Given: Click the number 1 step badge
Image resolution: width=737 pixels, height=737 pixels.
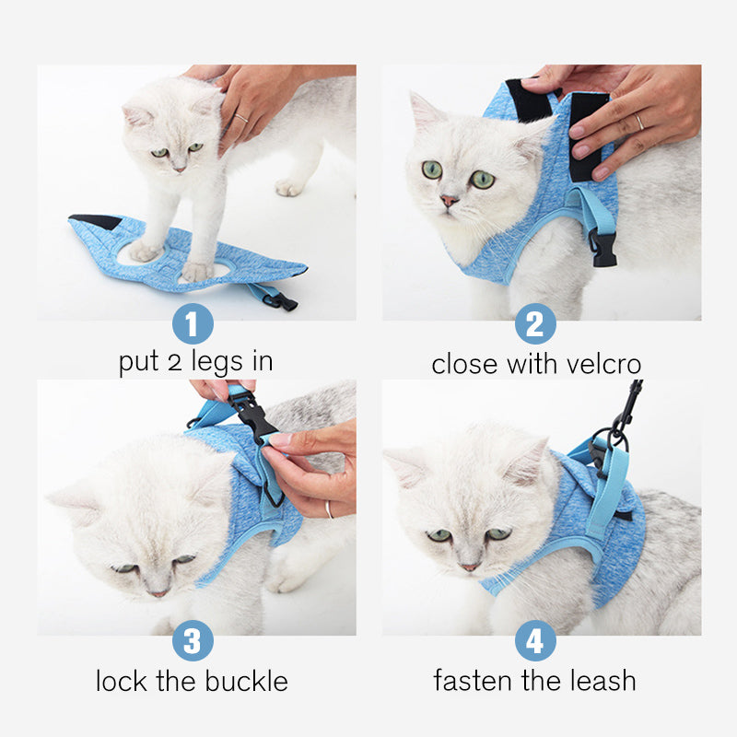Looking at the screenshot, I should tap(193, 323).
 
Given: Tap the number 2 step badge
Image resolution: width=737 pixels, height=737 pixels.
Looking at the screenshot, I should tap(534, 323).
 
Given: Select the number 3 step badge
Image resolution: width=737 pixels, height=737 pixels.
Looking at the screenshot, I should tap(193, 640).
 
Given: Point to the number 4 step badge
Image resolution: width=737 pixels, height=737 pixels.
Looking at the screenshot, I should tap(534, 640).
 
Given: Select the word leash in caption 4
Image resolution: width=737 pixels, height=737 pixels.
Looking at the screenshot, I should tap(600, 682).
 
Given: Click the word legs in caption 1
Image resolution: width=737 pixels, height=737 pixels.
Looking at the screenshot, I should tap(204, 362).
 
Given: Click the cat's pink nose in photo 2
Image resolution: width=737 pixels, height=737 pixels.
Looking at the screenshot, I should tap(449, 200).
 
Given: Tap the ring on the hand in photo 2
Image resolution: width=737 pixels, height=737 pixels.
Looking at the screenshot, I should tap(640, 122).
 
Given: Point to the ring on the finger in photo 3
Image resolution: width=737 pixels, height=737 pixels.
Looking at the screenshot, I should tap(328, 509).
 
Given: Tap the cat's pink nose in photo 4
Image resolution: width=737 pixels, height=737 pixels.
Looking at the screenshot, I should tap(470, 566).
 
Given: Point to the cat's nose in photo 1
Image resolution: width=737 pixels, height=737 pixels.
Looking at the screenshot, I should tap(177, 169).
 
